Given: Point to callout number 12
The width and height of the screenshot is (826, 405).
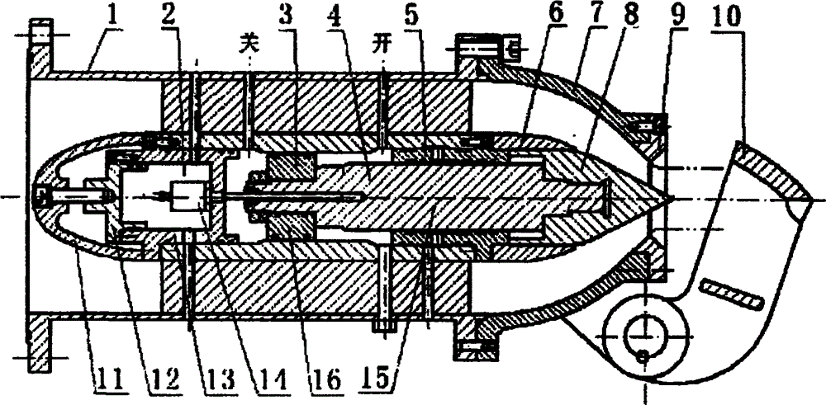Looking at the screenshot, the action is point(162,381).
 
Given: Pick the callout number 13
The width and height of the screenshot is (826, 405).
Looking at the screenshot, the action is point(216,381).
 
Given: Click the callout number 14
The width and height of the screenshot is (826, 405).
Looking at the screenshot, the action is point(271,381).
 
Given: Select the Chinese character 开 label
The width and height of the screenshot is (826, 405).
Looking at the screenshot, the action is point(383,45).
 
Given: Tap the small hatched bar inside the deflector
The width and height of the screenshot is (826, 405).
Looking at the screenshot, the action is point(733,294).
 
